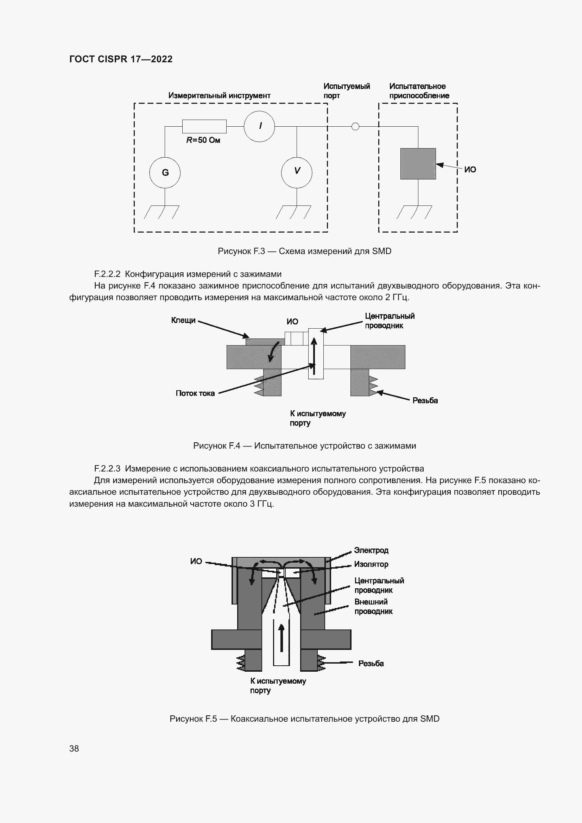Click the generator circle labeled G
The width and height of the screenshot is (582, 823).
coord(165,173)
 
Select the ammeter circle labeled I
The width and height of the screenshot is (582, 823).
coord(259,126)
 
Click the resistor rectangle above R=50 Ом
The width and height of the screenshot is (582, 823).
coord(204,126)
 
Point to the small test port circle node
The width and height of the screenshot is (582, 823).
coord(355,127)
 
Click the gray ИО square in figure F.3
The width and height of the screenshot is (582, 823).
coord(418,164)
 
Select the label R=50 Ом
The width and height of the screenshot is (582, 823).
coord(203,140)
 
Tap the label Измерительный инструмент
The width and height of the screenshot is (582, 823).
coord(219,95)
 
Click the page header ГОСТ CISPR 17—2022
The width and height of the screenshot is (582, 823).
coord(121,59)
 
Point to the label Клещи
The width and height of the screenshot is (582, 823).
coord(183,320)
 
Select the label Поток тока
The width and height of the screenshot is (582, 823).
coord(195,393)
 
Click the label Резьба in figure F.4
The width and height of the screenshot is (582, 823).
coord(425,400)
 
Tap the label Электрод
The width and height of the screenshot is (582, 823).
coord(371,550)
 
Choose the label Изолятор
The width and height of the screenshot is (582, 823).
coord(371,564)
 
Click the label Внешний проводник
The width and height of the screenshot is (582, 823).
coord(373,607)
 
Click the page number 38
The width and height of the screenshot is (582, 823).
coord(74,748)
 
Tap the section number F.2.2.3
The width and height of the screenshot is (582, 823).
coord(108,468)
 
